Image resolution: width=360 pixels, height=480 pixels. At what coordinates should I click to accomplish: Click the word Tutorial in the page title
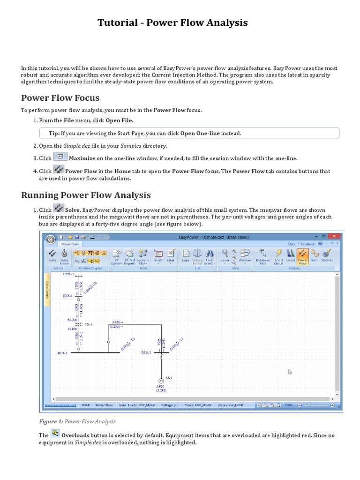118,22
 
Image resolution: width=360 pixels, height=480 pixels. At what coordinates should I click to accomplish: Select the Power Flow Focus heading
60,97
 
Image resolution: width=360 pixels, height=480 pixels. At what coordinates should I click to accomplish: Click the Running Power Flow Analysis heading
86,195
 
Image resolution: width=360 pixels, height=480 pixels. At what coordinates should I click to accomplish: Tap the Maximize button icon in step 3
60,157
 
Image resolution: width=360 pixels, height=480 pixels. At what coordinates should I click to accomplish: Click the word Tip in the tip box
54,133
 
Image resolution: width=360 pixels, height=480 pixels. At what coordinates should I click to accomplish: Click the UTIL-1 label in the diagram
68,274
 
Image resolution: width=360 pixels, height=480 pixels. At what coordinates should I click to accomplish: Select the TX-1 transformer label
88,324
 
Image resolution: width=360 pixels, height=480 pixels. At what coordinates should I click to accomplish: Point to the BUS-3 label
146,352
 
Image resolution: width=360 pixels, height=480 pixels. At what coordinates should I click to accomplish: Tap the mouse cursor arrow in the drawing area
290,372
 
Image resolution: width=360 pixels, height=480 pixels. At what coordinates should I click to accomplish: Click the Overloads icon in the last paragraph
55,434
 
